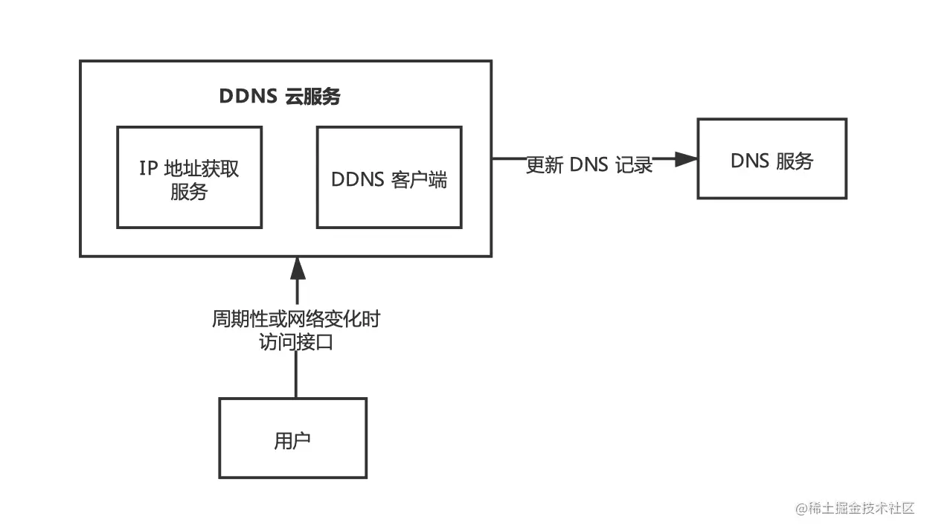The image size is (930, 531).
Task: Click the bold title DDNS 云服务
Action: point(280,97)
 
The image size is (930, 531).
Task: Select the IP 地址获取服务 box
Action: point(189,177)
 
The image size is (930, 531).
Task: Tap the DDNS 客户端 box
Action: point(389,177)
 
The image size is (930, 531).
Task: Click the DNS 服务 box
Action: point(772,159)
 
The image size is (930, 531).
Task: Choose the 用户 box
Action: point(292,438)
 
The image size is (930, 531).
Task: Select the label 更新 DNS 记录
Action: point(589,165)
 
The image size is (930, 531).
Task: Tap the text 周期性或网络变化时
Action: point(296,320)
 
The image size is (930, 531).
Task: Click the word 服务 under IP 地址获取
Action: point(189,192)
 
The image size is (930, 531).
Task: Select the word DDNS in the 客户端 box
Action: point(356,179)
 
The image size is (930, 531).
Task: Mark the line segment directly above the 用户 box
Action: point(296,376)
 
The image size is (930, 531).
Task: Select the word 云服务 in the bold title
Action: point(312,97)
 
